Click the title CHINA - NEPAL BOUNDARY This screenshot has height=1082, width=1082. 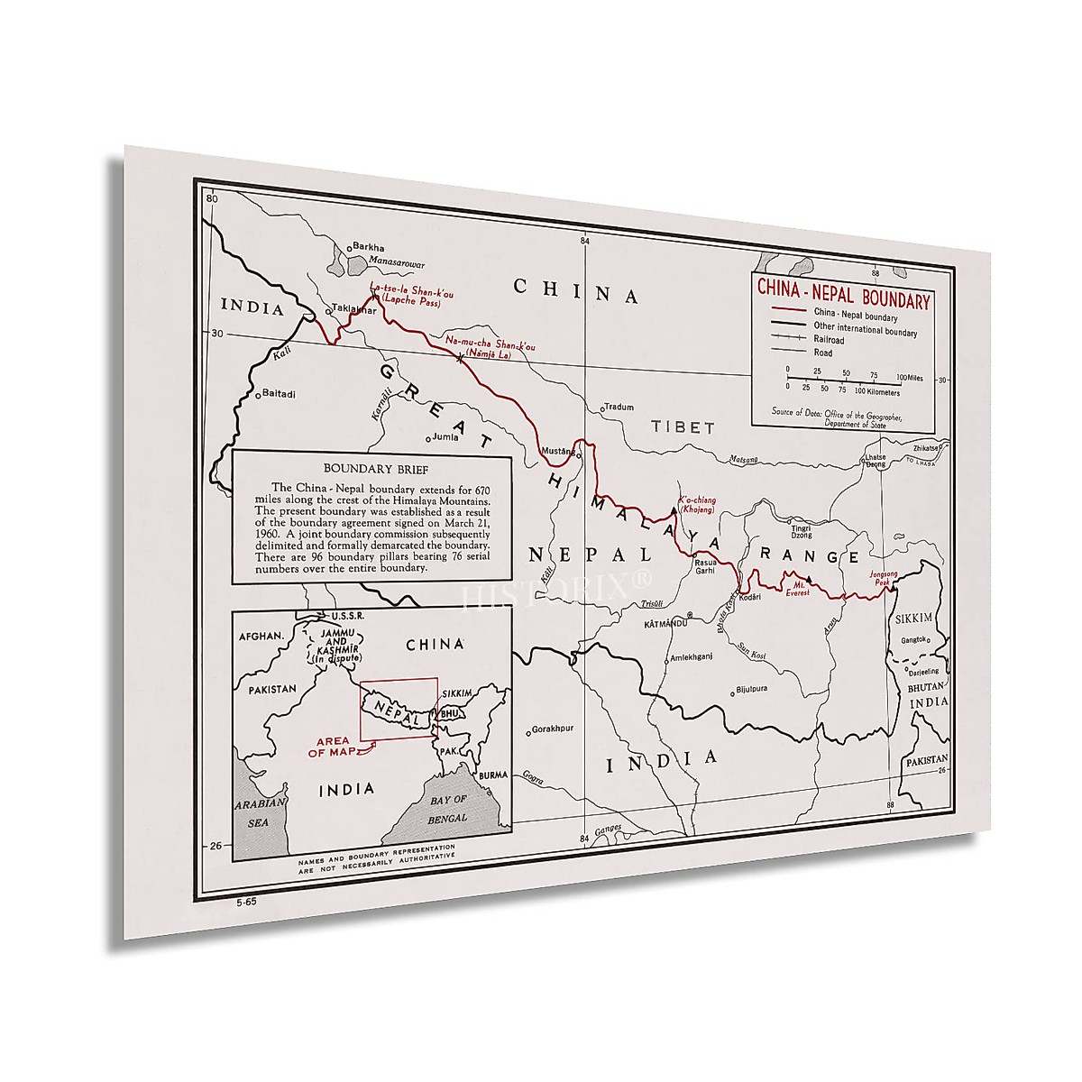click(x=842, y=293)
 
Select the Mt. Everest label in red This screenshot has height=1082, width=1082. click(x=796, y=587)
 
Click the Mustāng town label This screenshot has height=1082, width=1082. click(x=558, y=450)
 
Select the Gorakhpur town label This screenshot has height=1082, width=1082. click(x=552, y=729)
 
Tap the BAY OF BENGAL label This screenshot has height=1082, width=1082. click(x=447, y=809)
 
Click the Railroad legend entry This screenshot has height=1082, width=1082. click(x=828, y=340)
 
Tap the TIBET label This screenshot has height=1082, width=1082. click(x=683, y=427)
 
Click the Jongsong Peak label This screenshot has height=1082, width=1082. click(x=884, y=577)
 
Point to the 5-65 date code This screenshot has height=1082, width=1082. click(x=247, y=901)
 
